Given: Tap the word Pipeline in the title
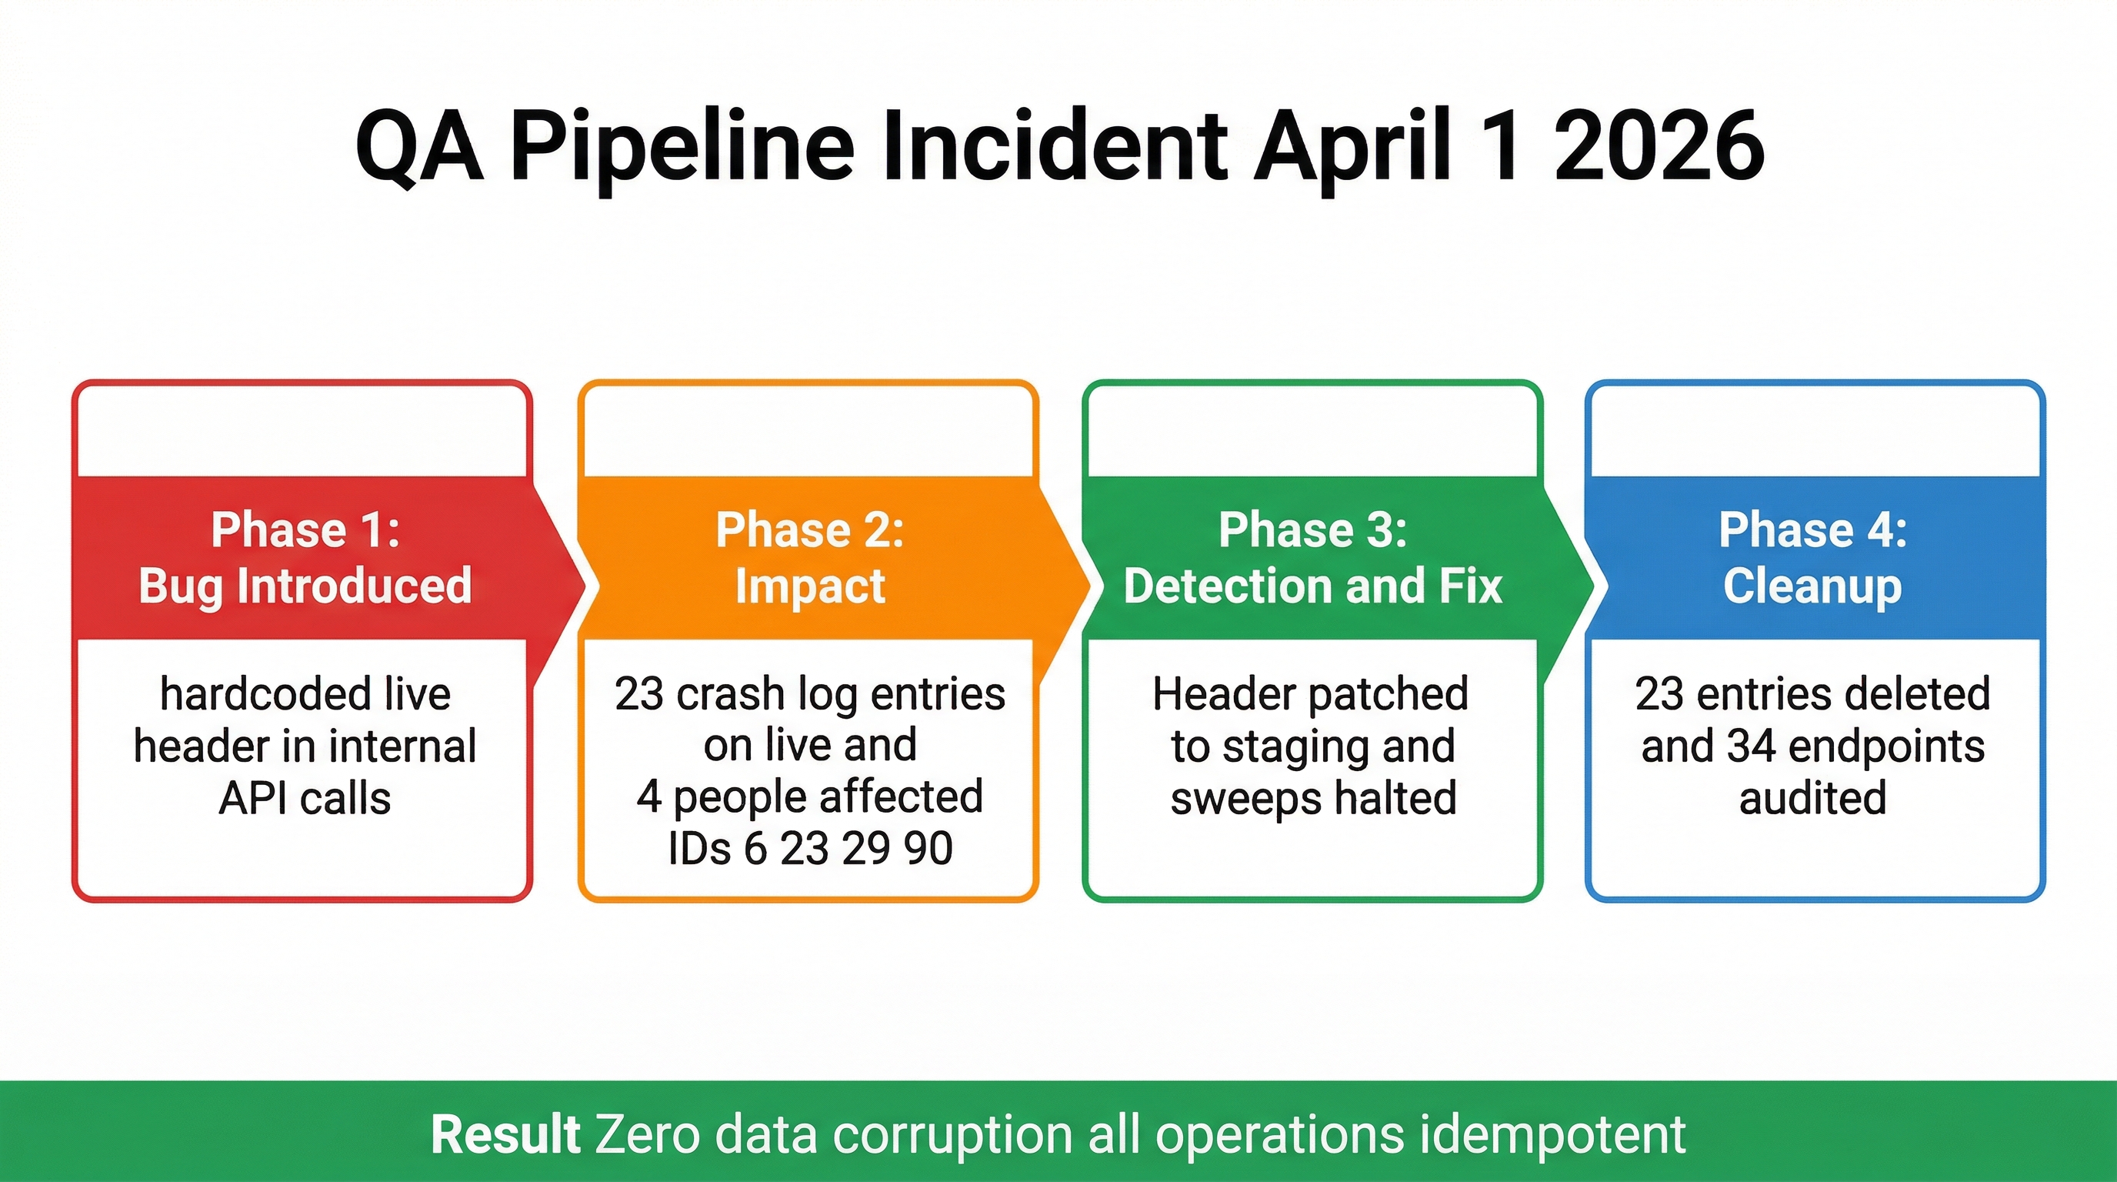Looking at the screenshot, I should (682, 148).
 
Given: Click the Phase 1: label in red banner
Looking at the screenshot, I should (305, 529).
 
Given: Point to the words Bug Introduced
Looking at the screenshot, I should (305, 586).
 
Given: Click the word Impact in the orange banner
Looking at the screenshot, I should (809, 586).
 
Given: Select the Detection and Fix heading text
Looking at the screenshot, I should (1312, 586).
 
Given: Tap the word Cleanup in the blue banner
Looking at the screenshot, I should (1812, 586).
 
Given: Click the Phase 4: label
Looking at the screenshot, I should (1812, 529).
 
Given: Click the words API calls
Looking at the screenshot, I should (305, 798).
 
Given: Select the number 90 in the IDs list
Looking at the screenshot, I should (928, 848).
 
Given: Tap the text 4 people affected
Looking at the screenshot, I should (809, 796).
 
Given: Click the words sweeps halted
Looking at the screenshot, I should (1312, 798).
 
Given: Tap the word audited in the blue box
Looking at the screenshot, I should (1812, 798).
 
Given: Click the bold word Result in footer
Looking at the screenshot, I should (505, 1135).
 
